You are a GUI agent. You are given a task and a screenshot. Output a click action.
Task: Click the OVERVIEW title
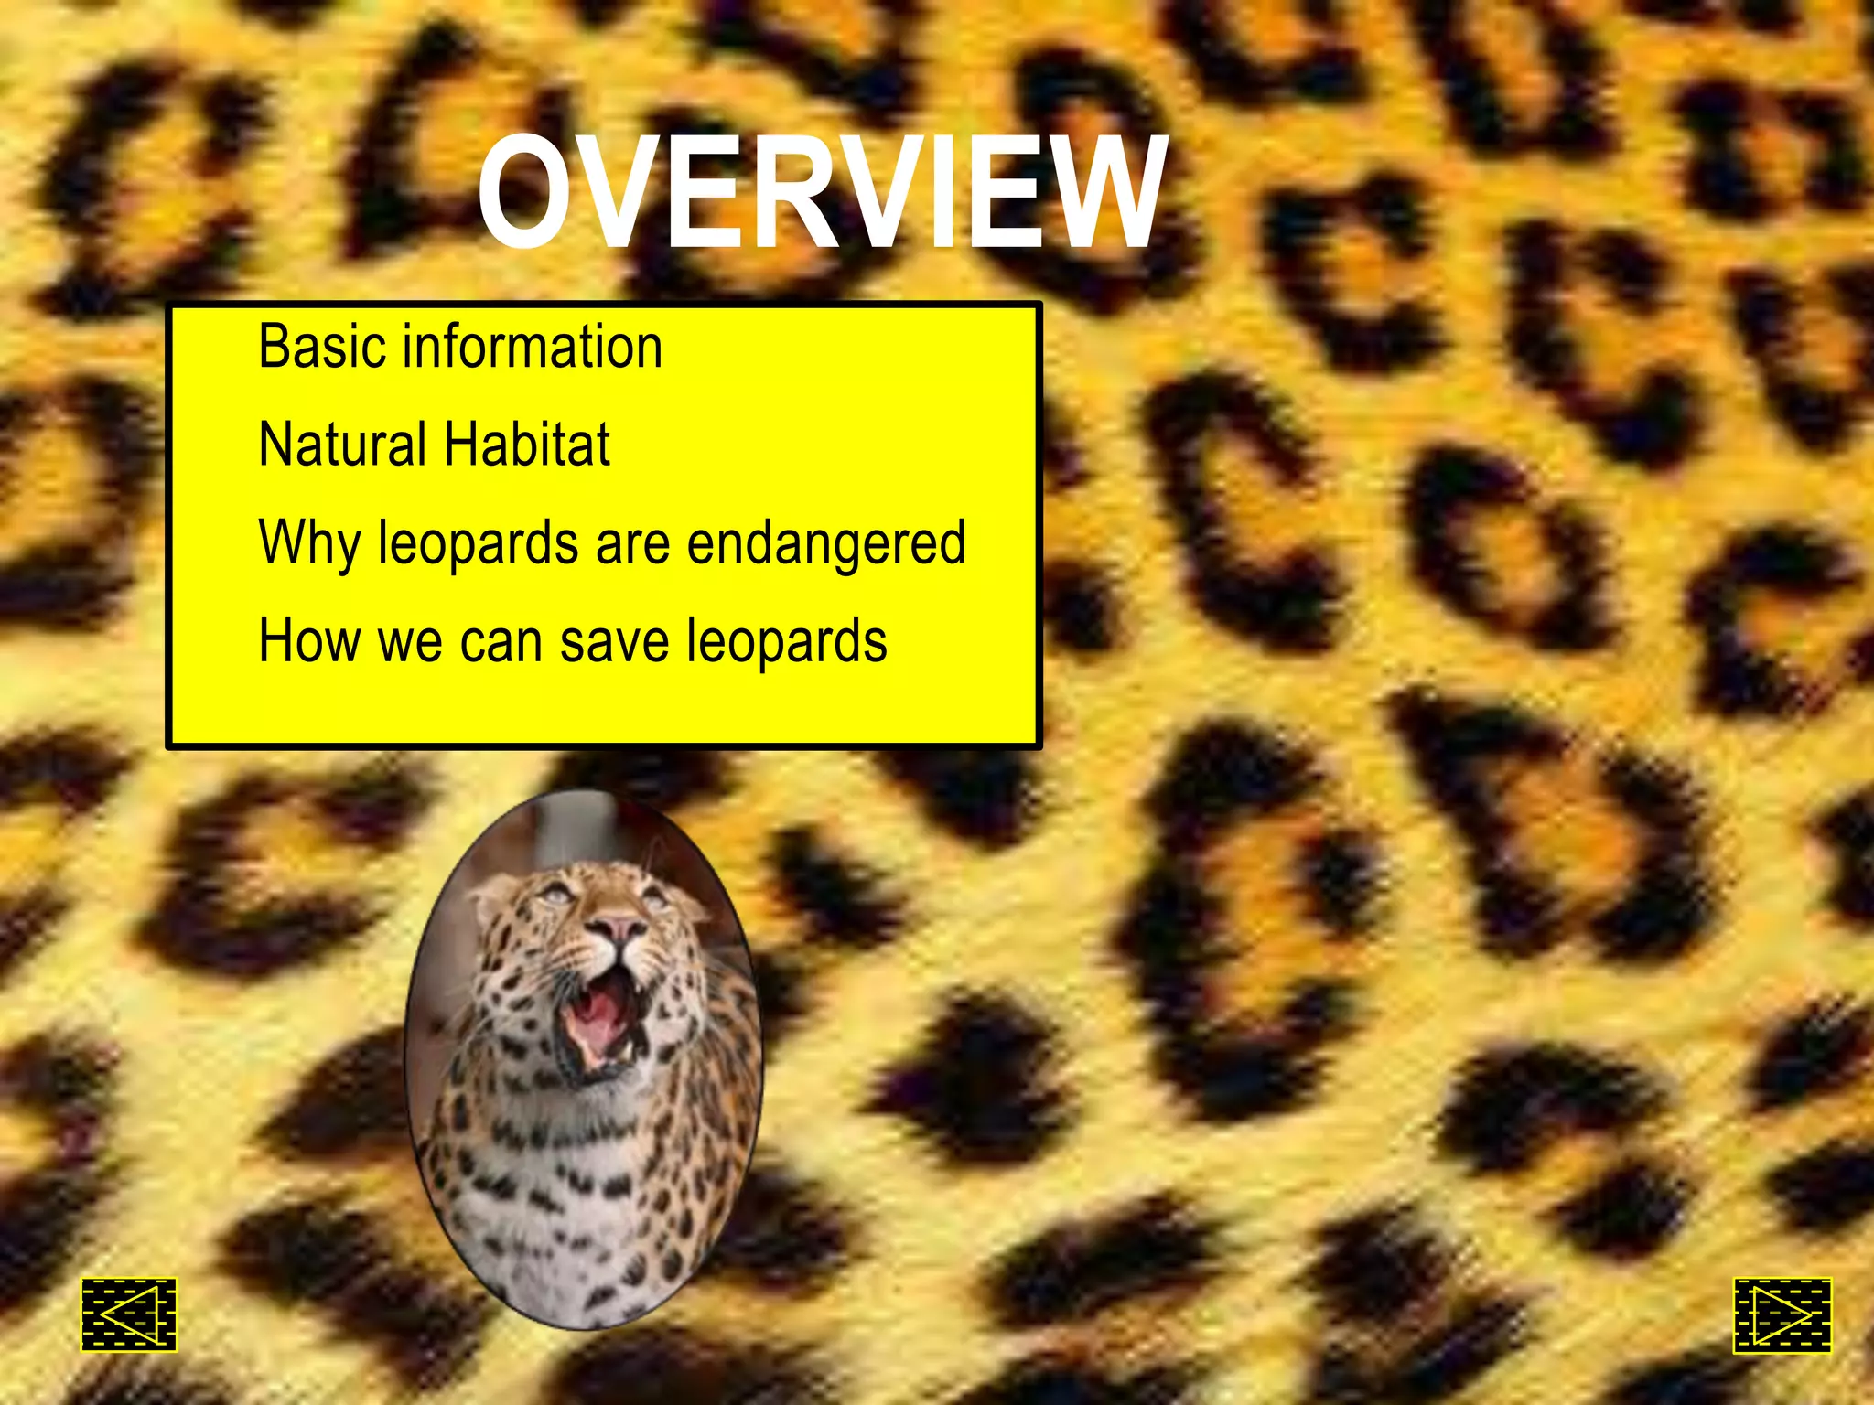(822, 192)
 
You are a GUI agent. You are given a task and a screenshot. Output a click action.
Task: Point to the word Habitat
(527, 445)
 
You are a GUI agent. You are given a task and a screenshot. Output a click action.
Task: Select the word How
(309, 640)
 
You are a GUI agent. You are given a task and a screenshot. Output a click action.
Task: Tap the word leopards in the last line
(787, 642)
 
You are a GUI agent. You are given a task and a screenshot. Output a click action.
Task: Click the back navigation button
(129, 1314)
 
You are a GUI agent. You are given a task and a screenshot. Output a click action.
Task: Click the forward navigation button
(1782, 1315)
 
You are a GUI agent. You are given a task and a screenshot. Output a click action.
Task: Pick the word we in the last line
(411, 642)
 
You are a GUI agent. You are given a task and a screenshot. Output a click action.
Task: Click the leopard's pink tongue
(595, 1020)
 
